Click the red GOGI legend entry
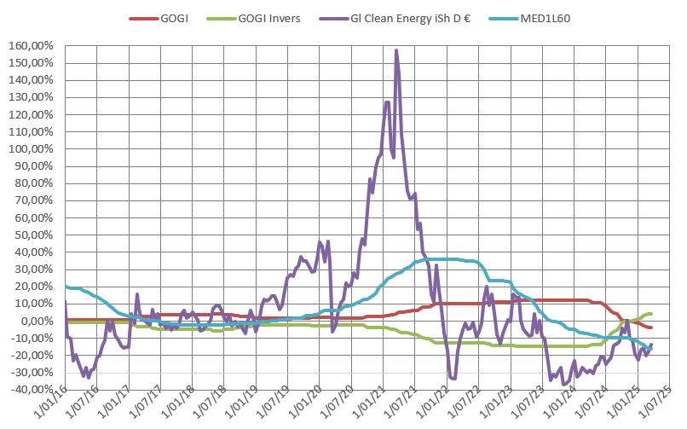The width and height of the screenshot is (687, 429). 175,18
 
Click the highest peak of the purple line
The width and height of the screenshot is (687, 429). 396,50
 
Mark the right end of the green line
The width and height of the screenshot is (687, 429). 651,314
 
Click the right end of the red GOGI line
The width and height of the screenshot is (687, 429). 651,328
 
